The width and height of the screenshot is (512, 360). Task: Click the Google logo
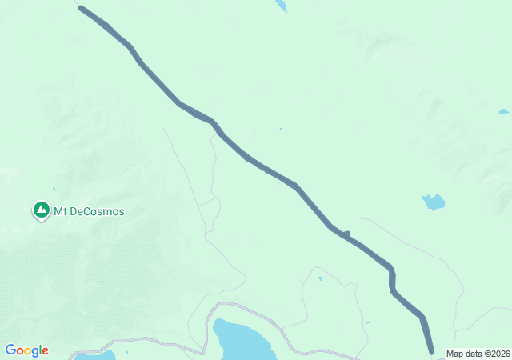coord(26,350)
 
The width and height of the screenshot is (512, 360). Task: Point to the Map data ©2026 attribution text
coord(477,354)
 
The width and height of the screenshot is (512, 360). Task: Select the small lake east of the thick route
coord(433,202)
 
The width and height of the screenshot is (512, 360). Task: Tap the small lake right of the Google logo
coord(99,354)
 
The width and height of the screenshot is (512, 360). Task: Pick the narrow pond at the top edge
coord(281,5)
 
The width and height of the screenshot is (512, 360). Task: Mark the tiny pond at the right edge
coord(502,111)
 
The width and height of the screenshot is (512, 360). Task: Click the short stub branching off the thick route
coord(346,234)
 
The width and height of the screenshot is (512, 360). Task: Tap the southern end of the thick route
coord(431,350)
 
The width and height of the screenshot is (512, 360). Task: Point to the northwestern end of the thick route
coord(82,9)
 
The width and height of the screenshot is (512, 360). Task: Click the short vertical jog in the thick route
coord(392,278)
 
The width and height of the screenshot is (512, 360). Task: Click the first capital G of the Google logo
coord(10,350)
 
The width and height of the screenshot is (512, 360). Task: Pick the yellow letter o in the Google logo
coord(28,351)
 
